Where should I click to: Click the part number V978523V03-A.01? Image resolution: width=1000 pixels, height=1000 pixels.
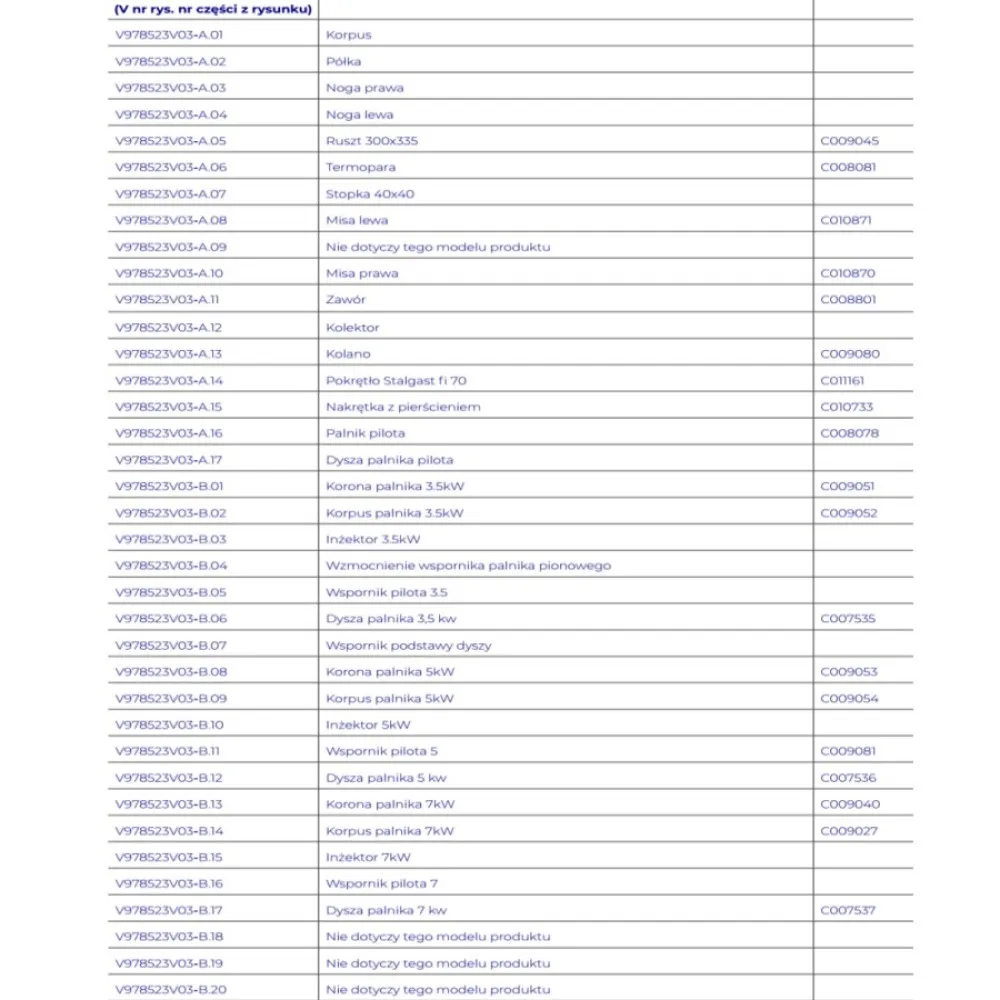click(x=170, y=35)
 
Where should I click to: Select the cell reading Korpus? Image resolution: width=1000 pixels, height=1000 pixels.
click(x=348, y=35)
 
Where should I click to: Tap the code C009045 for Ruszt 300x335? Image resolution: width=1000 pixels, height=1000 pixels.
click(x=849, y=141)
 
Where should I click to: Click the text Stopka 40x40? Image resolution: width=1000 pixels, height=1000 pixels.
click(x=369, y=194)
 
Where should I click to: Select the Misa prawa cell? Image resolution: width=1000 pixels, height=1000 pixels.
click(x=361, y=273)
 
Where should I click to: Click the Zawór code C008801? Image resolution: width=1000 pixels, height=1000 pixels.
click(x=849, y=300)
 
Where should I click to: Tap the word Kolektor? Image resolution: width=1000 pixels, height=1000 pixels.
click(x=352, y=327)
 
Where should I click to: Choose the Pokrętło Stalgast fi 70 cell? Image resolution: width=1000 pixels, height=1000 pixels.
click(x=396, y=380)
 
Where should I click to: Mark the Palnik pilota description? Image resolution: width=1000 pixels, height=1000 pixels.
click(x=365, y=433)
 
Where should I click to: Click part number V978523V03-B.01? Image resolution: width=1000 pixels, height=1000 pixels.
click(x=170, y=487)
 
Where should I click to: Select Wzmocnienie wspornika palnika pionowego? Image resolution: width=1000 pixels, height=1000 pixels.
click(x=468, y=566)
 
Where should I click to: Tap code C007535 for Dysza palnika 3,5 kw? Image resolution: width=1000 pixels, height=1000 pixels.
click(x=848, y=619)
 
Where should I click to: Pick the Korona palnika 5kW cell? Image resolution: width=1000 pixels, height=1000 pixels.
click(x=389, y=672)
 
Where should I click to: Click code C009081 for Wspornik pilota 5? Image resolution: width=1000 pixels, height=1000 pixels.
click(x=849, y=751)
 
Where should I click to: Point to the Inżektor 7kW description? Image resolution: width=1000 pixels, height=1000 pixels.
click(x=368, y=857)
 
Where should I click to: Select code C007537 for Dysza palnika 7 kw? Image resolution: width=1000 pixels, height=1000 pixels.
click(x=848, y=910)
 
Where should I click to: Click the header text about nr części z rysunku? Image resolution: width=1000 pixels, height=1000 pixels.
click(x=213, y=10)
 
